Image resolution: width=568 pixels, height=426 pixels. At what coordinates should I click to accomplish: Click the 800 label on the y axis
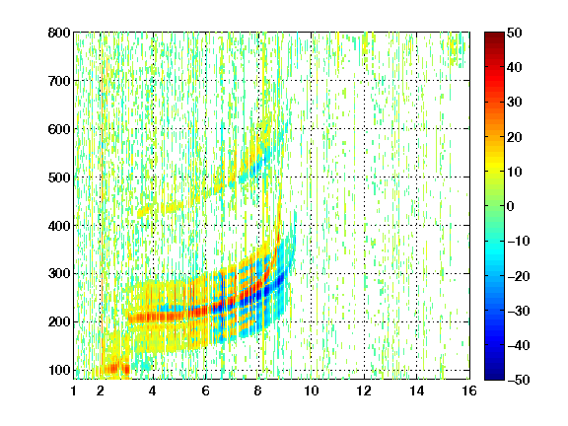tap(59, 33)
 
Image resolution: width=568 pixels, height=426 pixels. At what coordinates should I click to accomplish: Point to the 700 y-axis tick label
tap(59, 81)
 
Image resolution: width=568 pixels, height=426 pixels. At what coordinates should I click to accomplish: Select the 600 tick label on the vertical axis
tap(59, 129)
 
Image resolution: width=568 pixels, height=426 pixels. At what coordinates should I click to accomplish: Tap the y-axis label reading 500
tap(59, 177)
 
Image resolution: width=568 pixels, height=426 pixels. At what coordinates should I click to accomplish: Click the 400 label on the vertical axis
tap(59, 226)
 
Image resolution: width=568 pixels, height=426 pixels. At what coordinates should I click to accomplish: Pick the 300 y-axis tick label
tap(59, 273)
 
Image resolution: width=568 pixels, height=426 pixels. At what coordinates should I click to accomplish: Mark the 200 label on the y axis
tap(59, 321)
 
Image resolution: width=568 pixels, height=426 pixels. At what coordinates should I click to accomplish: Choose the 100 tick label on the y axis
tap(59, 370)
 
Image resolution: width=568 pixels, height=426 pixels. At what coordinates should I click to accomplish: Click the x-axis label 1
tap(74, 390)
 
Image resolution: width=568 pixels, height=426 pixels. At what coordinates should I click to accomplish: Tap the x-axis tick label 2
tap(101, 390)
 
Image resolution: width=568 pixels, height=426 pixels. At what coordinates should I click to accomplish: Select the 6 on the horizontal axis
tap(206, 390)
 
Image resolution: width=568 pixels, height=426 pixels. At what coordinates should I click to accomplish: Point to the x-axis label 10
tap(311, 390)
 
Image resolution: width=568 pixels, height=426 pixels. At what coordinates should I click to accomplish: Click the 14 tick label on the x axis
tap(416, 390)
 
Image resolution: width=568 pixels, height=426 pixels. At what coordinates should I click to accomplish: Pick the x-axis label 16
tap(469, 390)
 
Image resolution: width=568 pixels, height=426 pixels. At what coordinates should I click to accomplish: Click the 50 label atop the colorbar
tap(514, 33)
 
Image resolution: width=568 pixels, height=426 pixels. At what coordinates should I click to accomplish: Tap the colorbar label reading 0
tap(511, 206)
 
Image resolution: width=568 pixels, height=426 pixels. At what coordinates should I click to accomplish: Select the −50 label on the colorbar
tap(519, 380)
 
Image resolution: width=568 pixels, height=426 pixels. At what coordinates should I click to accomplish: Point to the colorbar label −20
tap(519, 276)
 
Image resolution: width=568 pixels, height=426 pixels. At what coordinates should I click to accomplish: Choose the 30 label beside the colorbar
tap(514, 103)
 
